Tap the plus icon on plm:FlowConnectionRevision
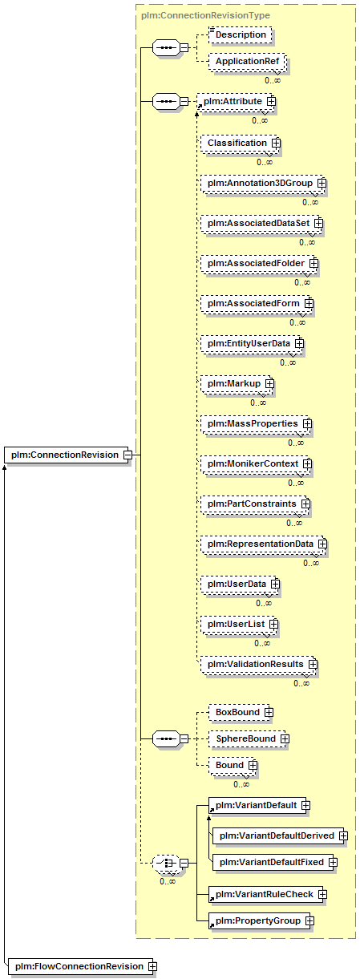point(152,966)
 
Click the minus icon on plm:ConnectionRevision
point(127,455)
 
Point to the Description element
point(241,35)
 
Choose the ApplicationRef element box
point(247,62)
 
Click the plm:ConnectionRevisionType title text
point(205,15)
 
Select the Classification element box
point(240,144)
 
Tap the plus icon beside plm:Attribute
point(271,101)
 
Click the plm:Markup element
point(237,384)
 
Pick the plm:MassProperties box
point(256,424)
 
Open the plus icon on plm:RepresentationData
point(322,544)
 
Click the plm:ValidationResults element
point(259,665)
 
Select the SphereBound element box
point(247,738)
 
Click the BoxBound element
point(241,712)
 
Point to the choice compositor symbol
point(167,864)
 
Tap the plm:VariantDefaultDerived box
point(280,836)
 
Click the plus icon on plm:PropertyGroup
point(309,921)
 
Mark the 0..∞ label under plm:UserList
point(262,643)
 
